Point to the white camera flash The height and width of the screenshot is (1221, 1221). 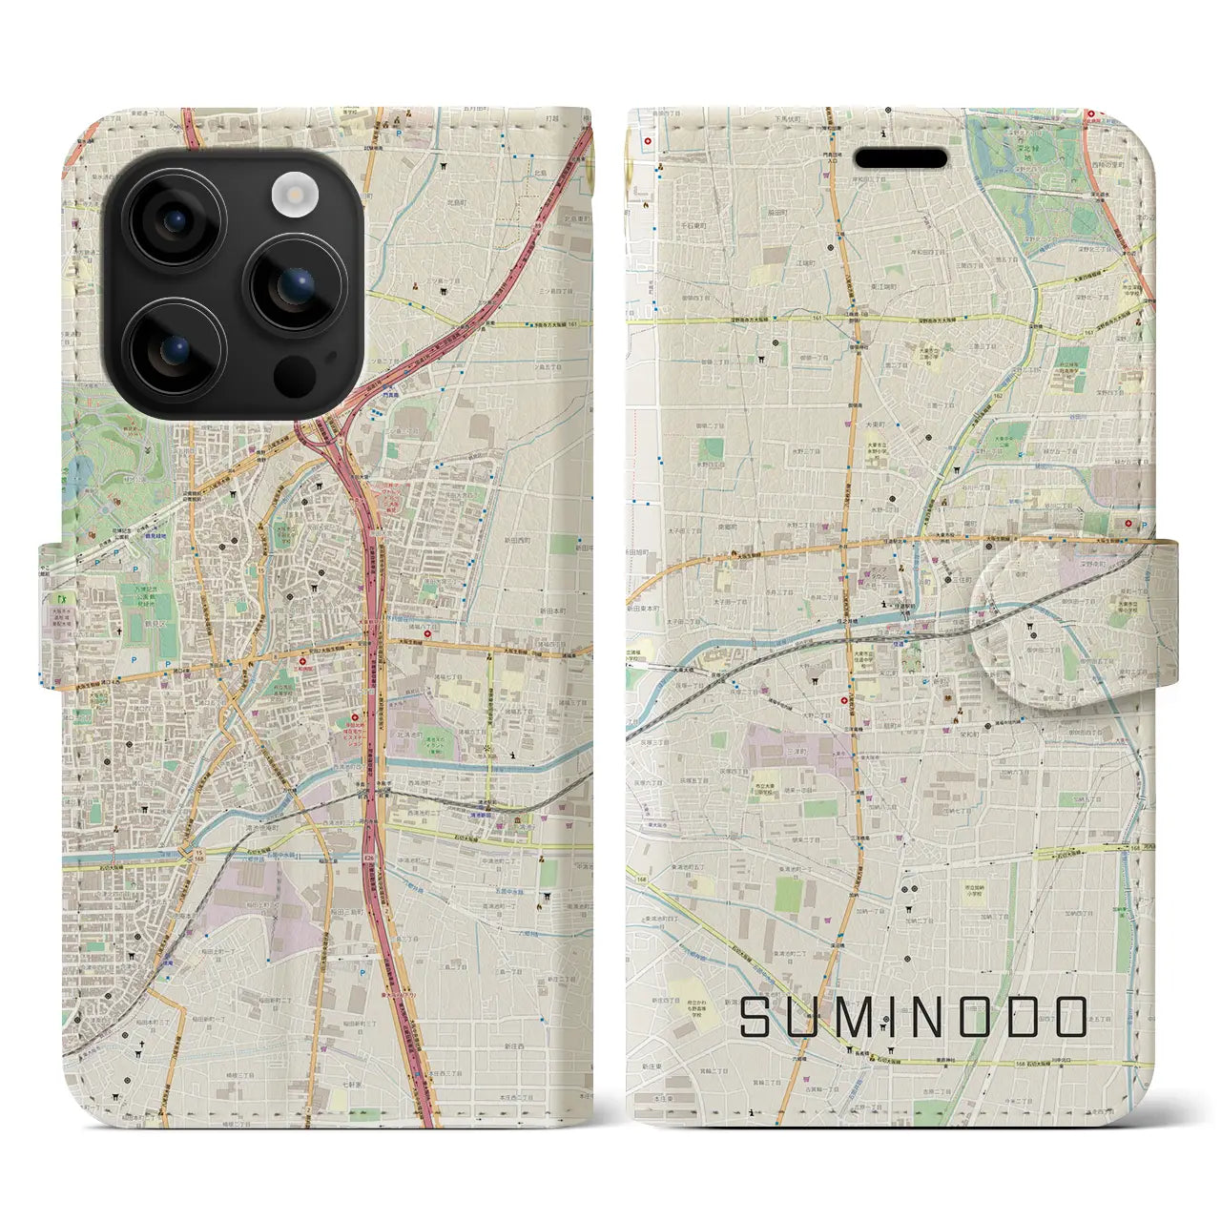[x=293, y=197]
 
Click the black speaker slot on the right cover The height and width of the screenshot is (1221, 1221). [x=900, y=158]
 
